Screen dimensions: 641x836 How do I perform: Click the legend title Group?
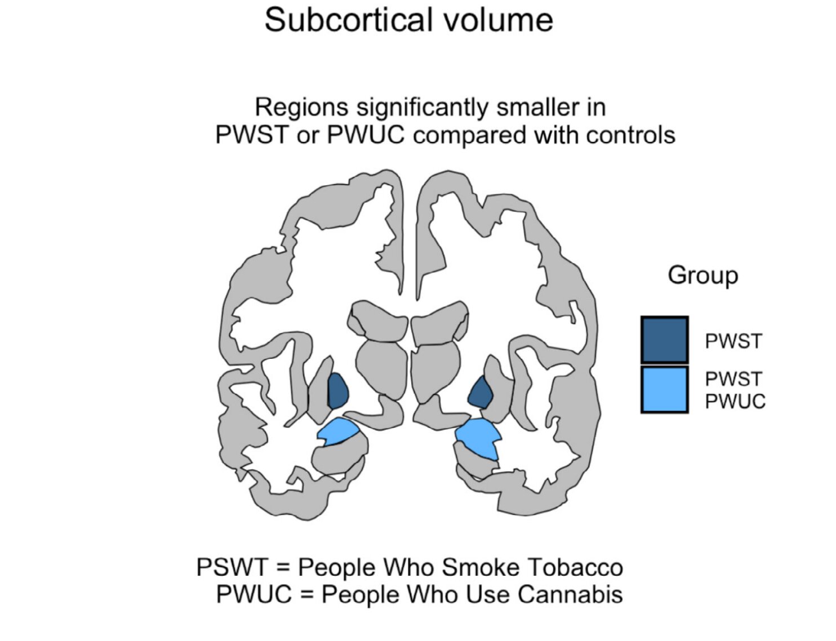(x=702, y=275)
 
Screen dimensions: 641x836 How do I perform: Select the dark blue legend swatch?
(x=664, y=340)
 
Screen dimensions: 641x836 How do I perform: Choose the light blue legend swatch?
(x=664, y=389)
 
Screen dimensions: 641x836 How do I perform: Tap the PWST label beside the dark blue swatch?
(x=733, y=341)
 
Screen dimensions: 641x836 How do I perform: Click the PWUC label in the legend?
(x=735, y=402)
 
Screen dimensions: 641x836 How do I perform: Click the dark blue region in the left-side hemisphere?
(x=337, y=390)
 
